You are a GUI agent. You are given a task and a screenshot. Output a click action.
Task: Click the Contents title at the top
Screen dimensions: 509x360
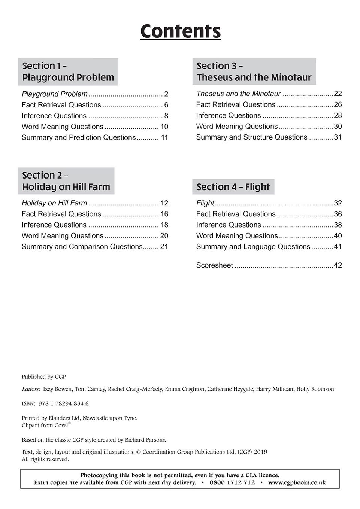(180, 31)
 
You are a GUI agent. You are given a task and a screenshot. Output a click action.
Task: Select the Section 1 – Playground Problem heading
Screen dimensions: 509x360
(68, 71)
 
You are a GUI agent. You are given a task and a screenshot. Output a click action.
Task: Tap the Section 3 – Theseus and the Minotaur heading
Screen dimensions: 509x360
(254, 71)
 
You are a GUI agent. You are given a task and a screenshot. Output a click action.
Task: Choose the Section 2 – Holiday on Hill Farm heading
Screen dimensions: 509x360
(66, 181)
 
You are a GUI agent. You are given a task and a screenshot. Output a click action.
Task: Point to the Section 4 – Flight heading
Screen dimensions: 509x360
(233, 187)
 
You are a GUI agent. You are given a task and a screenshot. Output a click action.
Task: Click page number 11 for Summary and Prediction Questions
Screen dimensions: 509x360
(164, 138)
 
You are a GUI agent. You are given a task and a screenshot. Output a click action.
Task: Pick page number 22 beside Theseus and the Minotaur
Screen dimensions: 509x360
(338, 94)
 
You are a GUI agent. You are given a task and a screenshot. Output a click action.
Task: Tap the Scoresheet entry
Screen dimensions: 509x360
(214, 265)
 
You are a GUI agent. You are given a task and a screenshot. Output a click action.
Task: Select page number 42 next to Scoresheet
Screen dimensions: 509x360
(338, 265)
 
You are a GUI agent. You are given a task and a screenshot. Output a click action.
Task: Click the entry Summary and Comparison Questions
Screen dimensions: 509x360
(82, 247)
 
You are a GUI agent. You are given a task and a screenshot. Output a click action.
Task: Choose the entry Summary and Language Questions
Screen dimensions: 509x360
(253, 247)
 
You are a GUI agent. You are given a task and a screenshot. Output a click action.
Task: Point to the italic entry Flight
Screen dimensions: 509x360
(205, 203)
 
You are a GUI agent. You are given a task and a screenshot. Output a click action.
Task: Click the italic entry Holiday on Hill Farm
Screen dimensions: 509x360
(54, 203)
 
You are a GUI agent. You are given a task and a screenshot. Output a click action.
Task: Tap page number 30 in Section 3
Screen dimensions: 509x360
(338, 127)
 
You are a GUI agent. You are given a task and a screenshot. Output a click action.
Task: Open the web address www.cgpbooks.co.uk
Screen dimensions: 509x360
(297, 482)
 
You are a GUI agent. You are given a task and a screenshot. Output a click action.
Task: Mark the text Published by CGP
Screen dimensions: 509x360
(44, 377)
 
